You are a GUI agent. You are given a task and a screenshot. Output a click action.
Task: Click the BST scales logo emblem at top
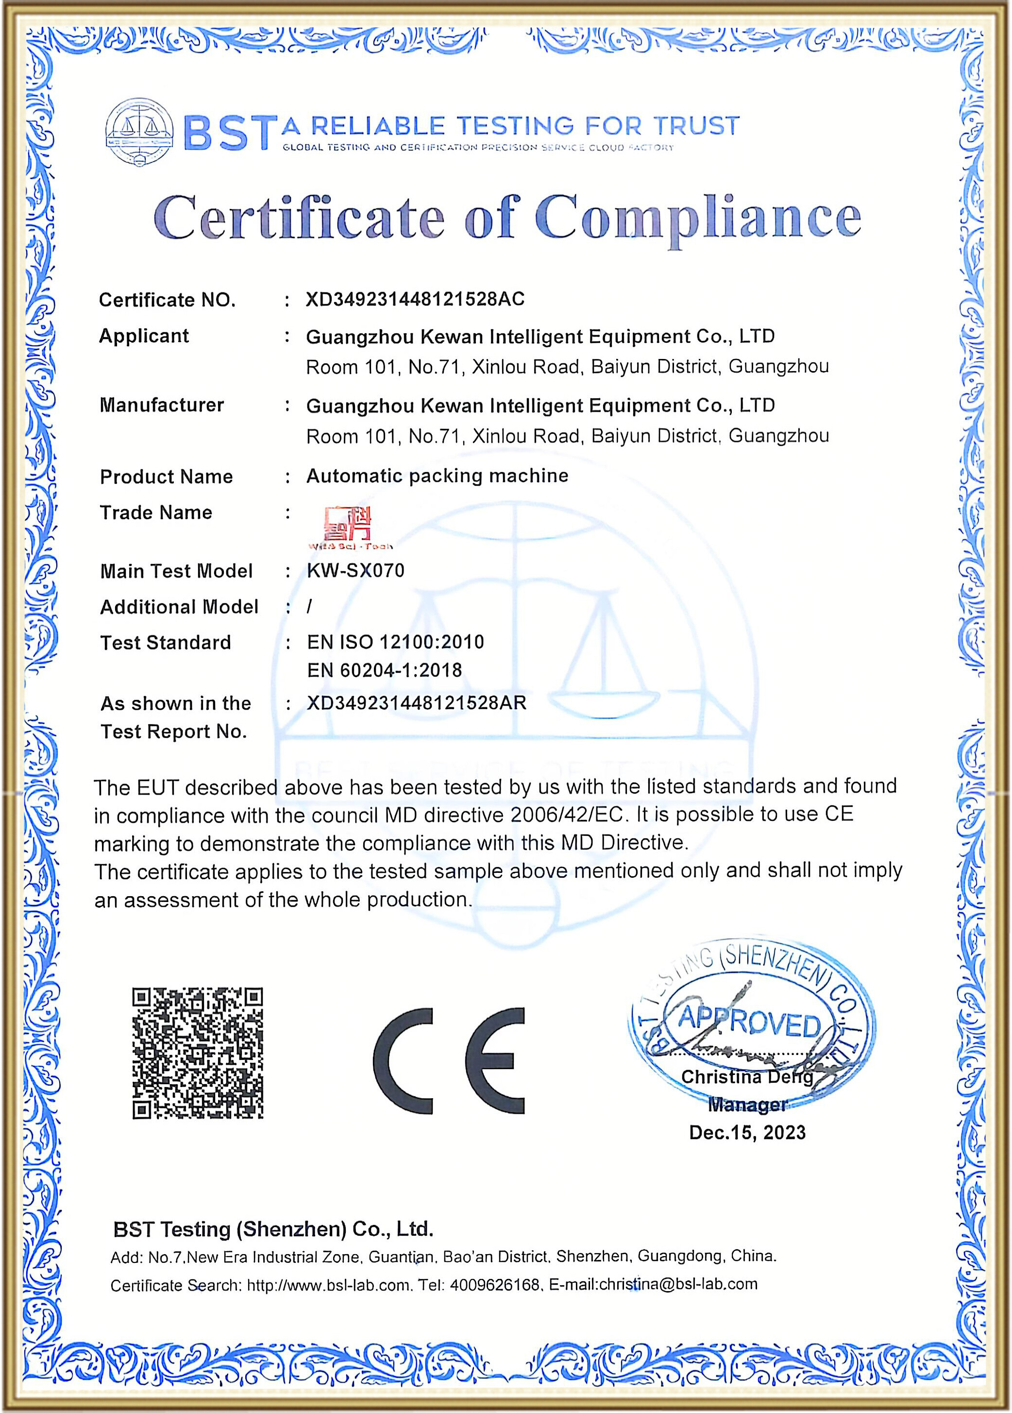coord(139,130)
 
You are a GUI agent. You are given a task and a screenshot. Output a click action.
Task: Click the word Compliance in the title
coord(697,218)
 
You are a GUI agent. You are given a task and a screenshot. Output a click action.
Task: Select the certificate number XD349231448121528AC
coord(415,299)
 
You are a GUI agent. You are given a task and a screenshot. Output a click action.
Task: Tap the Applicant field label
coord(144,336)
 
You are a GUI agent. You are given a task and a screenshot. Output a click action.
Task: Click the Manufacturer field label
coord(161,405)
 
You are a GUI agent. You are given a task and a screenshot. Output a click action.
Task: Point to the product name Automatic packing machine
coord(437,476)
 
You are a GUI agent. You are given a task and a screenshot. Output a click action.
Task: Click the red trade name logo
coord(348,523)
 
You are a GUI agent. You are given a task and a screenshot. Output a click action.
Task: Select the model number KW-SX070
coord(355,570)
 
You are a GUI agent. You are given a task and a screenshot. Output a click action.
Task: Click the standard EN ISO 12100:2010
coord(395,642)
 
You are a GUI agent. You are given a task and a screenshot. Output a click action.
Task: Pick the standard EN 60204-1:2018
coord(384,670)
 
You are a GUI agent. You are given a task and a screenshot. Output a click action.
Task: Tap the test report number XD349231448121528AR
coord(417,703)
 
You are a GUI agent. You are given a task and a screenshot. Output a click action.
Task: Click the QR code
coord(198,1053)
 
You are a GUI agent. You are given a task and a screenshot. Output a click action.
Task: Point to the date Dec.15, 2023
coord(747,1132)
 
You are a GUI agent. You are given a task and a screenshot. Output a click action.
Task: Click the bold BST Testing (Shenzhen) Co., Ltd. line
coord(273,1229)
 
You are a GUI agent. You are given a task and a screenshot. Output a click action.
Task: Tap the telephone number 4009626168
coord(494,1285)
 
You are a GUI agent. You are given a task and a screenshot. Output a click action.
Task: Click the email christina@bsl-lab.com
coord(677,1284)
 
